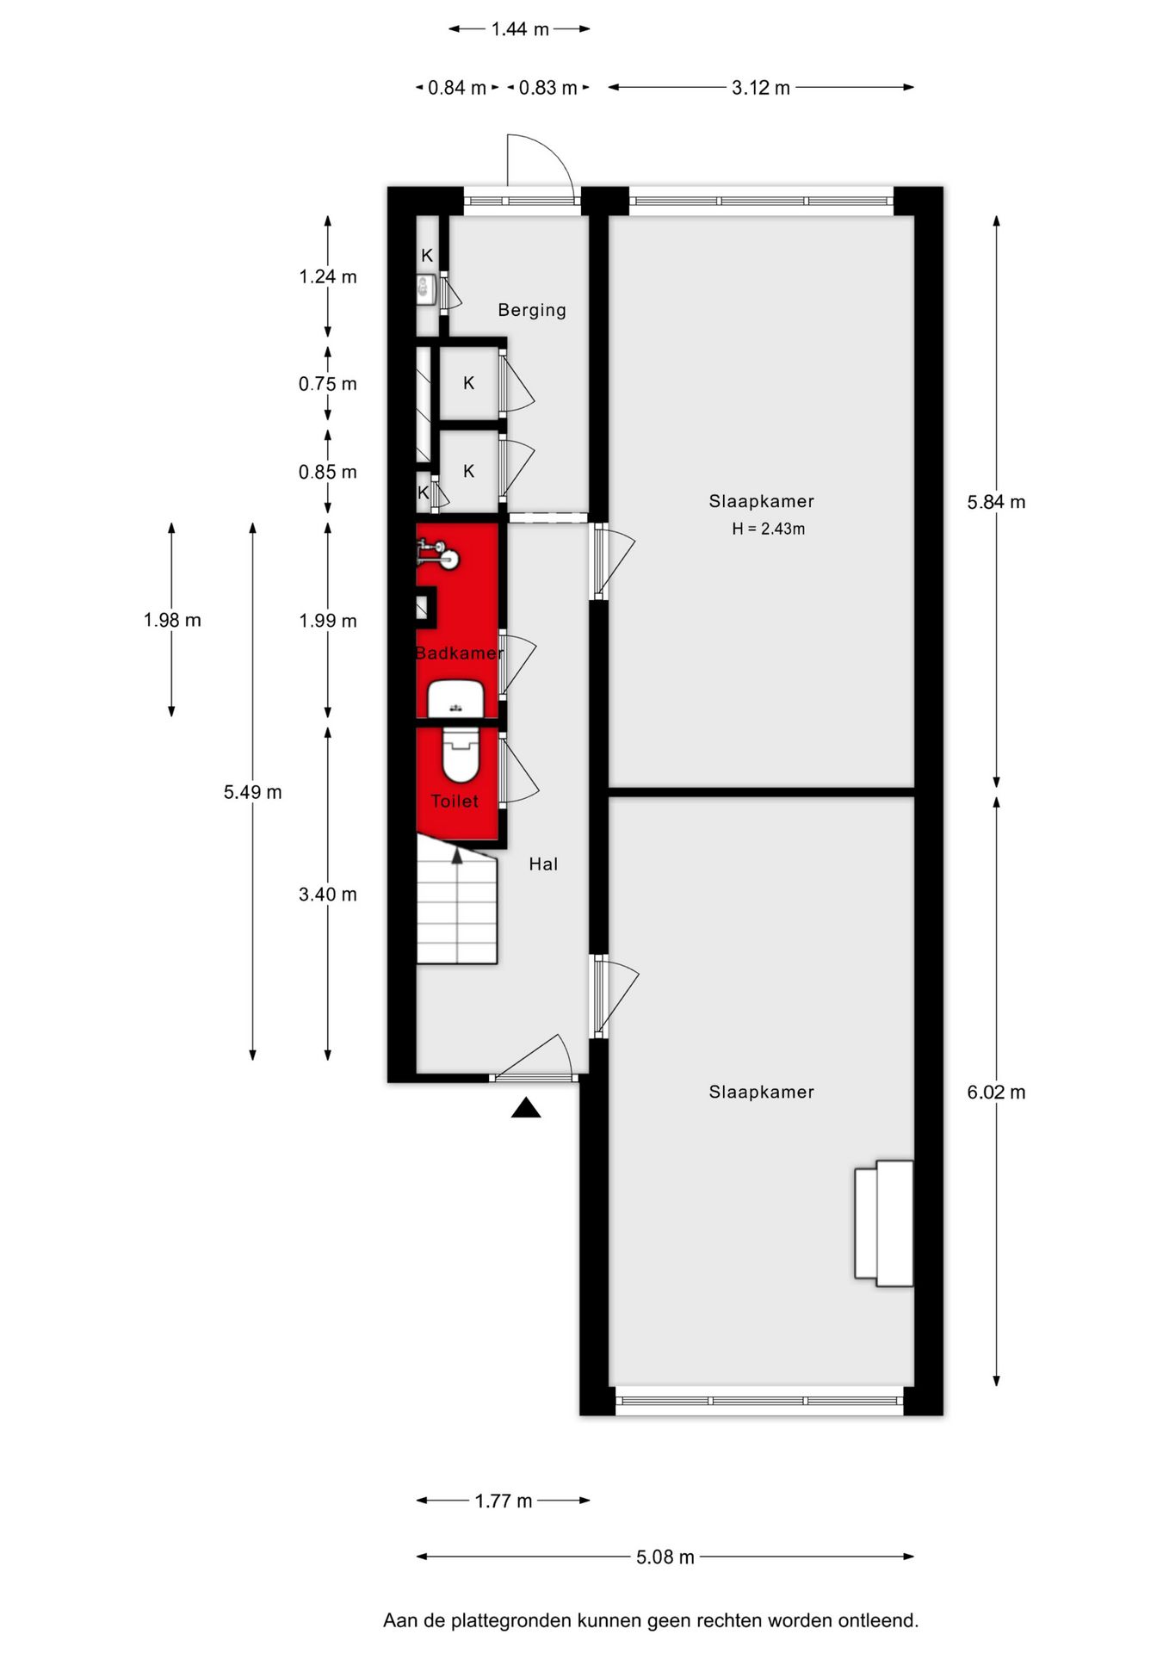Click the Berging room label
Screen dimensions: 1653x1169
pyautogui.click(x=532, y=310)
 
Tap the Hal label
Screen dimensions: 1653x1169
pyautogui.click(x=543, y=864)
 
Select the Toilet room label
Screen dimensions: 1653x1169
pyautogui.click(x=455, y=802)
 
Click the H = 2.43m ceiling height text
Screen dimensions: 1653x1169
pyautogui.click(x=769, y=529)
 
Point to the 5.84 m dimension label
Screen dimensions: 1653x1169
pyautogui.click(x=996, y=502)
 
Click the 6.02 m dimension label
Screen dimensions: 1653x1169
pyautogui.click(x=996, y=1093)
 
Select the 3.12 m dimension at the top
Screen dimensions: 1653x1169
pyautogui.click(x=761, y=88)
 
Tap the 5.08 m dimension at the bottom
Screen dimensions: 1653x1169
pyautogui.click(x=665, y=1557)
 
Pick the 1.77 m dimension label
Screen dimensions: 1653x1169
pyautogui.click(x=504, y=1501)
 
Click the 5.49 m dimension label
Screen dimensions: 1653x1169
pyautogui.click(x=252, y=792)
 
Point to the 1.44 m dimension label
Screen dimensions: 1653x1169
pyautogui.click(x=520, y=29)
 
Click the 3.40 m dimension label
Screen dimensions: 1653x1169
pyautogui.click(x=328, y=895)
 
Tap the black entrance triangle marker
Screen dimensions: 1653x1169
pyautogui.click(x=526, y=1108)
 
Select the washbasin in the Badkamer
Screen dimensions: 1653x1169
pyautogui.click(x=455, y=698)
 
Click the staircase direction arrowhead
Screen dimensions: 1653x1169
pyautogui.click(x=457, y=855)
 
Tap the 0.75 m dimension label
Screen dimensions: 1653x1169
pyautogui.click(x=328, y=384)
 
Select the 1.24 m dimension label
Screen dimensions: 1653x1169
pyautogui.click(x=328, y=276)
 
